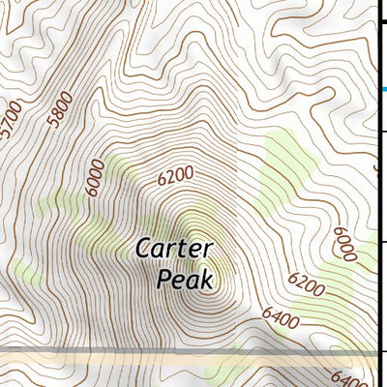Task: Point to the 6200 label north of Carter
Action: [175, 176]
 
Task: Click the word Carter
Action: [172, 249]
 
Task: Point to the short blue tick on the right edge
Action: [384, 90]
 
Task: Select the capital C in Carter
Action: [142, 249]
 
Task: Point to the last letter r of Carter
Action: [206, 250]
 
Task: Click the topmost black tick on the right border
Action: [380, 8]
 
